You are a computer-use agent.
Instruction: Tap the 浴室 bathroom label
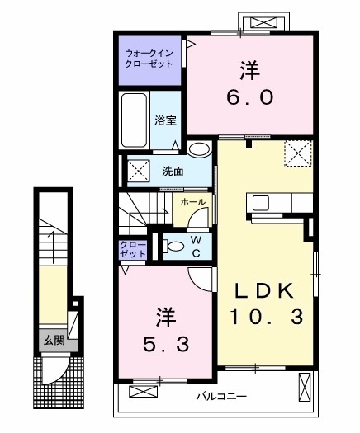(165, 120)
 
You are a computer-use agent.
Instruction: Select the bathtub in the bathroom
(135, 120)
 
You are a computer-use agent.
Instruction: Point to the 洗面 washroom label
(172, 172)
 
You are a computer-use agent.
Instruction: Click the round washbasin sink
(198, 149)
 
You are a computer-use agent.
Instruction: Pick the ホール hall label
(194, 201)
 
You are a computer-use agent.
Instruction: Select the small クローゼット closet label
(131, 250)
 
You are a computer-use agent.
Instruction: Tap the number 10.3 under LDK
(268, 316)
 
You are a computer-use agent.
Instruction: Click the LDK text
(267, 289)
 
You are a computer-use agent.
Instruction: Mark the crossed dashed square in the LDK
(297, 153)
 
